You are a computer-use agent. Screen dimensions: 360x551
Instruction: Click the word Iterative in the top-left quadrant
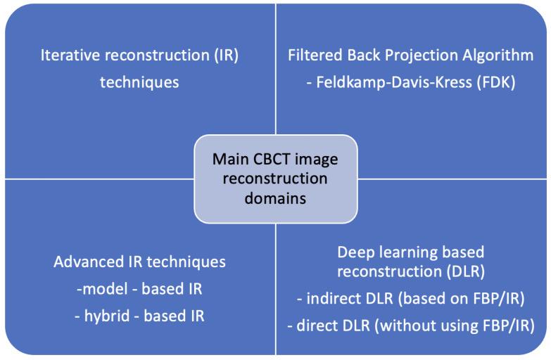pyautogui.click(x=66, y=56)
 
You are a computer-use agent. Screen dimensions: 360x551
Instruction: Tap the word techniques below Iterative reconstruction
pyautogui.click(x=139, y=82)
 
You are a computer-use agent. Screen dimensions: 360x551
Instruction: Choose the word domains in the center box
pyautogui.click(x=276, y=198)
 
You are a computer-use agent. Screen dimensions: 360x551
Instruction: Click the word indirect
pyautogui.click(x=331, y=299)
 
